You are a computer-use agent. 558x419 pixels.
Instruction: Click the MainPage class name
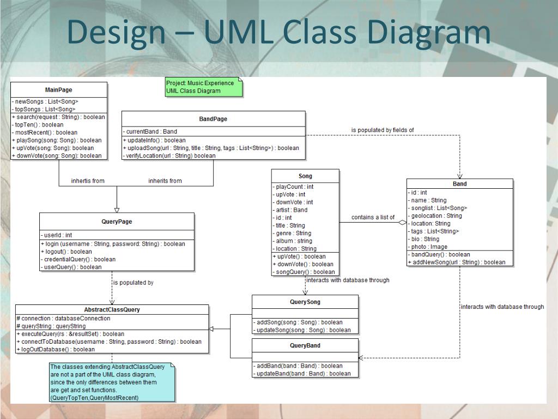pos(58,90)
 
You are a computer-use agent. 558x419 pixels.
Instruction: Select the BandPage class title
pos(213,119)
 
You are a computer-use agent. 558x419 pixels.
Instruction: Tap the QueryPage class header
pos(117,222)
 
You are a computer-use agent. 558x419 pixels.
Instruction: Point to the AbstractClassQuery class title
pos(112,309)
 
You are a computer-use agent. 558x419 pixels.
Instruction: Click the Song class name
pos(305,176)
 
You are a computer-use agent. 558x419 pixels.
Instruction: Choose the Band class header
pos(459,184)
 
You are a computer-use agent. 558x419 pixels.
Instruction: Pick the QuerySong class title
pos(305,302)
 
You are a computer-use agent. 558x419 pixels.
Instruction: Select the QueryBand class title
pos(305,345)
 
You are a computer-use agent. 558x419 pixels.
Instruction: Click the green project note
pos(203,87)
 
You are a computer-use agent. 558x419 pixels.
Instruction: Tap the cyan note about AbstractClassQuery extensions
pos(112,382)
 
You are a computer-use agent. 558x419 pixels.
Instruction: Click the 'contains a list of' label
pos(373,217)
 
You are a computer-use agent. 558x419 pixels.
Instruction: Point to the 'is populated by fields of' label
pos(383,130)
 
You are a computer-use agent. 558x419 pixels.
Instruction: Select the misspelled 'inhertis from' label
pos(88,181)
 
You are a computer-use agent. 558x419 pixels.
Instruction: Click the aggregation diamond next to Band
pos(402,223)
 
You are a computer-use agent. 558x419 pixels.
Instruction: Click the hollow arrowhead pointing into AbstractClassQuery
pos(212,328)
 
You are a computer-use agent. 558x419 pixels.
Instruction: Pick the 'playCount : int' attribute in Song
pos(294,187)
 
